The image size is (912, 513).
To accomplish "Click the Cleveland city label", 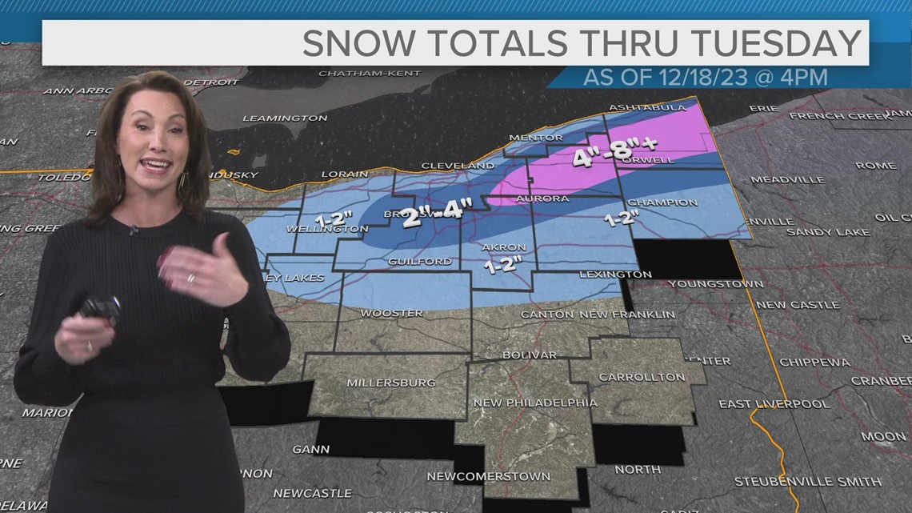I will point(458,166).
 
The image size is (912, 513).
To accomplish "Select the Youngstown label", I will point(715,284).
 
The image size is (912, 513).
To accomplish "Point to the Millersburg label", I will point(390,383).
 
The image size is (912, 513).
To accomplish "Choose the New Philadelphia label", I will point(534,403).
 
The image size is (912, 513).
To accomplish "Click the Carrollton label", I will point(642,377).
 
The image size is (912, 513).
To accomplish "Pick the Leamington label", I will point(285,118).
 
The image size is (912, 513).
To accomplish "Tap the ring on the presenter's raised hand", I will point(190,279).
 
